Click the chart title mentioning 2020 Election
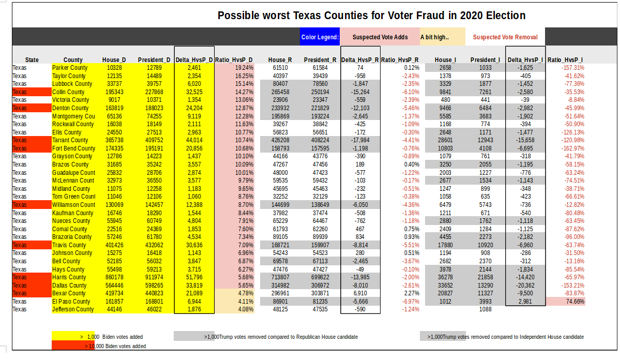pyautogui.click(x=371, y=16)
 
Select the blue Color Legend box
pyautogui.click(x=320, y=37)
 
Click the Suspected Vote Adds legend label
pyautogui.click(x=380, y=37)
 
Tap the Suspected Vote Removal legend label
pyautogui.click(x=505, y=37)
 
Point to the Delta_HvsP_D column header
pyautogui.click(x=194, y=60)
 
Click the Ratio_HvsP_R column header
pyautogui.click(x=400, y=60)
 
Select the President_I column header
pyautogui.click(x=485, y=60)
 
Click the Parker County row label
pyautogui.click(x=70, y=68)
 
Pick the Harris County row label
pyautogui.click(x=69, y=277)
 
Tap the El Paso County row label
pyautogui.click(x=71, y=302)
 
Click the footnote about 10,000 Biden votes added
pyautogui.click(x=115, y=346)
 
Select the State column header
pyautogui.click(x=32, y=60)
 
